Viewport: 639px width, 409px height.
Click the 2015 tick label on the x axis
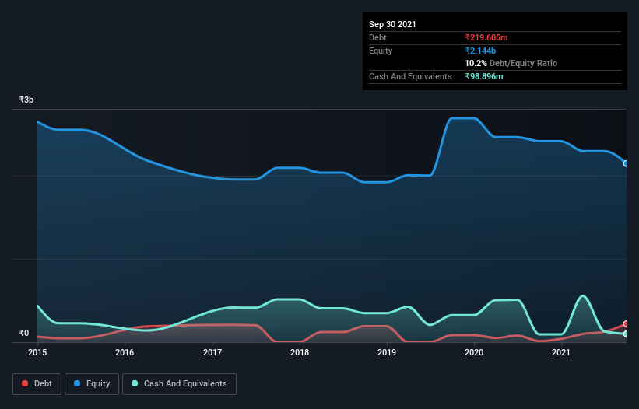(37, 353)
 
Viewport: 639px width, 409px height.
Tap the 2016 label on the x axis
(125, 353)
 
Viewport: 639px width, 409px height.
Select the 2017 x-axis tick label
(212, 353)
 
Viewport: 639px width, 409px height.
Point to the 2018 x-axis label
(300, 353)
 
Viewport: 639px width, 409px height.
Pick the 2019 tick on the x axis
(387, 353)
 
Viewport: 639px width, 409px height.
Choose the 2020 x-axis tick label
(475, 353)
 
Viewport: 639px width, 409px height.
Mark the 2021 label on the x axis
(561, 353)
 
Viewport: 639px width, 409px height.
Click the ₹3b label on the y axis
(26, 100)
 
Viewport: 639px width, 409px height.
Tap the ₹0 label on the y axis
(24, 334)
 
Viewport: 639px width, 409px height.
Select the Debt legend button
(36, 383)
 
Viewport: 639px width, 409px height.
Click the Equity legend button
(92, 383)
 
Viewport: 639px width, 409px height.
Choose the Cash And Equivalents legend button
(179, 383)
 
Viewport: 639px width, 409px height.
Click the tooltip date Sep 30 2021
(392, 24)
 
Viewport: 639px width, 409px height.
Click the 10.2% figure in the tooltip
(476, 63)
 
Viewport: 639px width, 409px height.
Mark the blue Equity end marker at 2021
(626, 163)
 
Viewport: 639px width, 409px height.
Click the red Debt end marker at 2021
(626, 324)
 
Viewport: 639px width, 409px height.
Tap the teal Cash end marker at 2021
(626, 334)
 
